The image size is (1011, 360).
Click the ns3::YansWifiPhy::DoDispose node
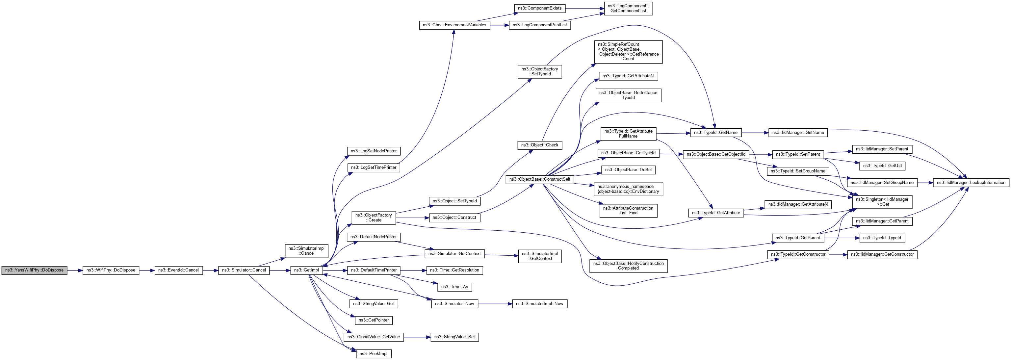[34, 270]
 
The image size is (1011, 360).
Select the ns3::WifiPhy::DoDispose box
[111, 270]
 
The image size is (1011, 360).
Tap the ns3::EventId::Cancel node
[179, 270]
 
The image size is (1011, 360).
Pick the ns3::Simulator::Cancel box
[244, 270]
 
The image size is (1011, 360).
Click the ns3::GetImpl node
[306, 270]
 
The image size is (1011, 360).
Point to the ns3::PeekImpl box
[374, 354]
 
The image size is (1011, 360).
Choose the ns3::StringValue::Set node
[454, 337]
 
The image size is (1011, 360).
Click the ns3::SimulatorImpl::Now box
[539, 303]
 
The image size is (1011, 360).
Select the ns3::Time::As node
[454, 287]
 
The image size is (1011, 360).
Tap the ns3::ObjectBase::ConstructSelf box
[540, 179]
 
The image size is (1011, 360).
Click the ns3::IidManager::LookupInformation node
[971, 183]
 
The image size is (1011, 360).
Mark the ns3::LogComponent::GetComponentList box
[628, 8]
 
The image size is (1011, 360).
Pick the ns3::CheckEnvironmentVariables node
[454, 25]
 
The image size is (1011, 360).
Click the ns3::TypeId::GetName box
[715, 133]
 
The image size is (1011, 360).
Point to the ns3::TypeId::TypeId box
[882, 238]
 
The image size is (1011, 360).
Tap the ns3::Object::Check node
[540, 145]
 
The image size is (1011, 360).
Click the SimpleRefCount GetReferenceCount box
[628, 52]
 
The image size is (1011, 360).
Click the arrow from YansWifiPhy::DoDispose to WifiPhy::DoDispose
[75, 270]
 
